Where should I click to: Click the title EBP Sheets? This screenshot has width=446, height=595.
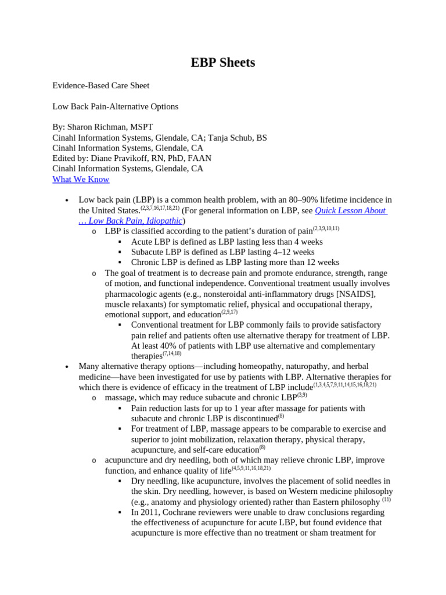[223, 63]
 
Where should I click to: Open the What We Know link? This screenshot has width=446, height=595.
[81, 179]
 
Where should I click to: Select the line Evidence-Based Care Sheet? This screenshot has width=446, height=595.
[101, 85]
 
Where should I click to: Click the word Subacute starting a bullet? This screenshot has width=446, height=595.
[149, 252]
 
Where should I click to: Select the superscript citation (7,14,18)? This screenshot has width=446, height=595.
[172, 353]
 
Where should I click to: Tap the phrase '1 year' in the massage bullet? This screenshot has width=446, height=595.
[237, 408]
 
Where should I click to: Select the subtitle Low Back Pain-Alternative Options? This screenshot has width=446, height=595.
[116, 106]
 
